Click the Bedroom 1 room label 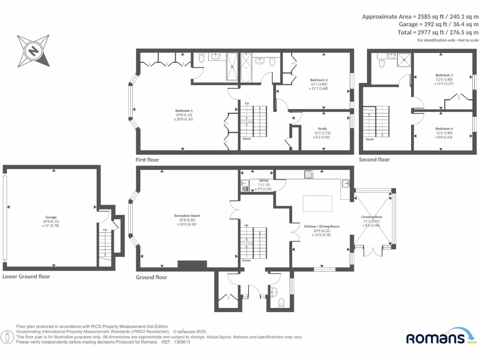tap(184, 111)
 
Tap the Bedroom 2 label tap(318, 80)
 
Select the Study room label tap(322, 128)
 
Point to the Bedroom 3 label tap(443, 75)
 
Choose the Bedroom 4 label tap(443, 128)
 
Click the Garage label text tap(51, 217)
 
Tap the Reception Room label tap(184, 216)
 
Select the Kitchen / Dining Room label tap(322, 226)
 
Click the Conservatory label tap(371, 217)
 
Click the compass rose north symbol tap(33, 50)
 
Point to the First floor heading tap(147, 160)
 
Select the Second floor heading tap(374, 160)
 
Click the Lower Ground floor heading tap(26, 277)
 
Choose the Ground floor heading tap(151, 277)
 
